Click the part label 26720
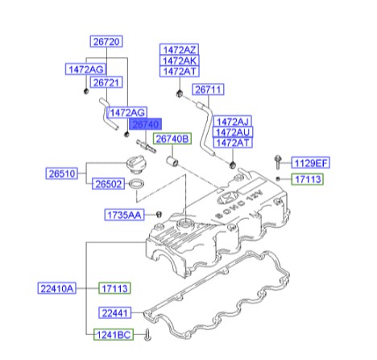point(106,41)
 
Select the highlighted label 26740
point(146,124)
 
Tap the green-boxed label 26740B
point(172,139)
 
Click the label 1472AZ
point(180,49)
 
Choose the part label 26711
point(208,89)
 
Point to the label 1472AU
point(233,132)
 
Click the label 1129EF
point(311,163)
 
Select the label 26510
point(62,173)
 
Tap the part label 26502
point(109,184)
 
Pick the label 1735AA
point(124,215)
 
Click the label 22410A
point(56,288)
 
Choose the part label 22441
point(115,313)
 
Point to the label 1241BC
point(114,335)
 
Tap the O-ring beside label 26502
point(136,184)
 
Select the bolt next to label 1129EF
point(278,162)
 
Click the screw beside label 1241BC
point(147,335)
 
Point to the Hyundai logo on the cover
point(227,197)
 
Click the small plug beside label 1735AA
point(159,214)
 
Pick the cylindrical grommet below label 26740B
point(172,161)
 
